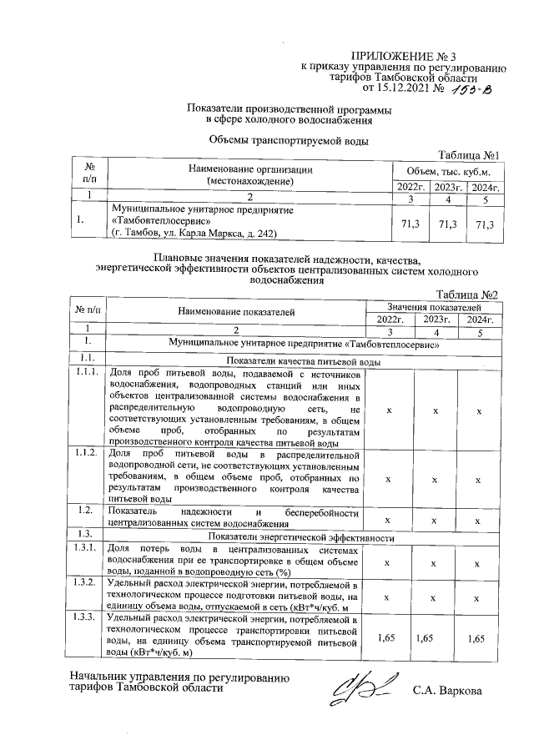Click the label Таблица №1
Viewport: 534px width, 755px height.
point(468,155)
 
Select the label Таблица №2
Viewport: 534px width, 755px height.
point(468,295)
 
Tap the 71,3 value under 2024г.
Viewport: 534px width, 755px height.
point(484,224)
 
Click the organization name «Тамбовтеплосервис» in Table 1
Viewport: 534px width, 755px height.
point(159,221)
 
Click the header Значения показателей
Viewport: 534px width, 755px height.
point(434,308)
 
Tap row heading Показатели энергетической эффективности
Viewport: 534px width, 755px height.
point(300,538)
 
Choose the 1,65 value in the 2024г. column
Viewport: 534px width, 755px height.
point(477,637)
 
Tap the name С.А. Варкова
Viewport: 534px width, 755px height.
point(447,690)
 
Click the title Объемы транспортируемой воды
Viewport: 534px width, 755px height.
point(288,140)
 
